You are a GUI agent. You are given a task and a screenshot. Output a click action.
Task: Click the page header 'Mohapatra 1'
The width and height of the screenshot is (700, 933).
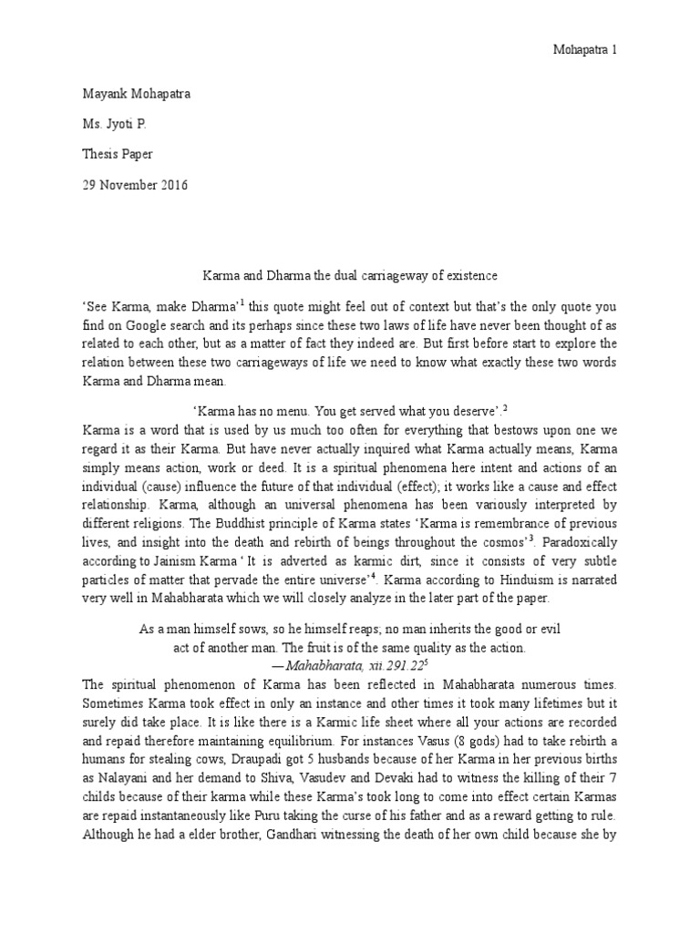click(x=585, y=51)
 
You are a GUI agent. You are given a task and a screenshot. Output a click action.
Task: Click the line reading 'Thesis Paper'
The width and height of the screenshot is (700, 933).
click(x=118, y=154)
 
